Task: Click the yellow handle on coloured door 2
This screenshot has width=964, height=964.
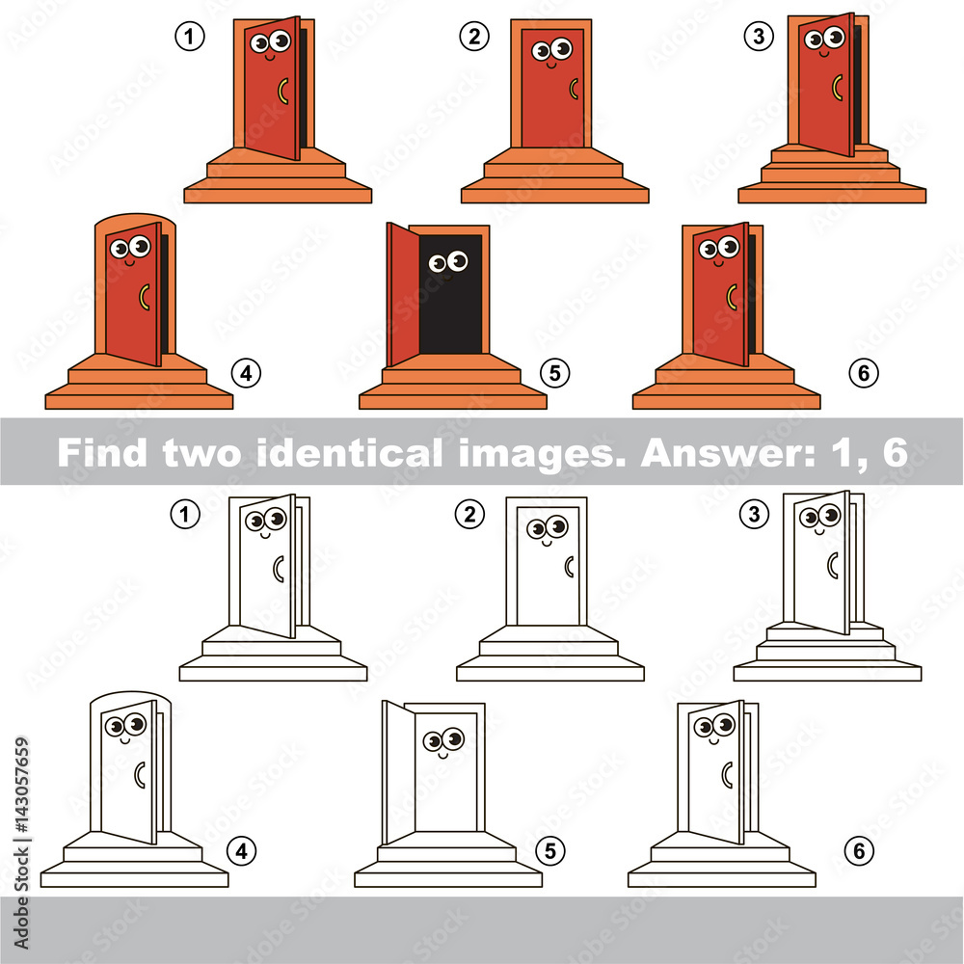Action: tap(575, 89)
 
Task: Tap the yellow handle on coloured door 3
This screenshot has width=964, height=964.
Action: tap(837, 86)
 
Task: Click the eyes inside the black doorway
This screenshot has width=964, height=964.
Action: tap(448, 261)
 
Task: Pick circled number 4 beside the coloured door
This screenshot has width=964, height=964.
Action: tap(246, 371)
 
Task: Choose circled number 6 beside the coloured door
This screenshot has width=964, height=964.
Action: tap(862, 372)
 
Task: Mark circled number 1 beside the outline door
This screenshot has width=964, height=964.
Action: tap(185, 515)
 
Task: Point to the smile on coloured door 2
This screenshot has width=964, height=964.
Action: tap(551, 66)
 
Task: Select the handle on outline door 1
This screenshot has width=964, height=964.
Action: tap(279, 569)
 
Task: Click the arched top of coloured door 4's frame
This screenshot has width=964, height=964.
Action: tap(135, 219)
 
